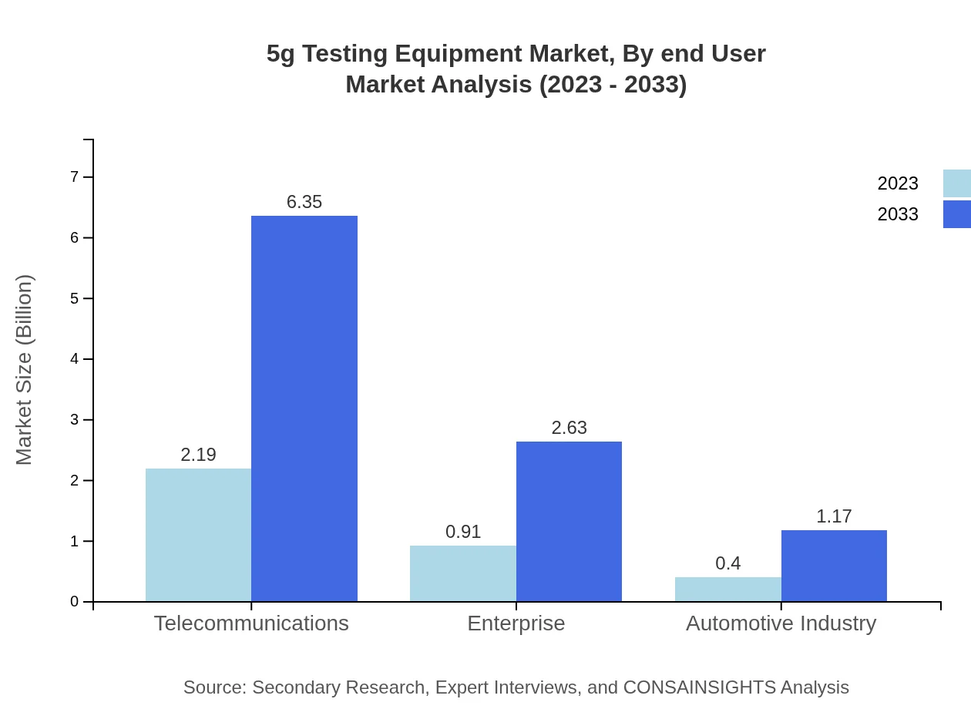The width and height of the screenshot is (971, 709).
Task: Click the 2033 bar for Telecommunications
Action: point(304,408)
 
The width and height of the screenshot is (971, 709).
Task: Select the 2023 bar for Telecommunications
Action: point(198,535)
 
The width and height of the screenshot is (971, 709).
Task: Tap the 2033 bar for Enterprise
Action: point(569,521)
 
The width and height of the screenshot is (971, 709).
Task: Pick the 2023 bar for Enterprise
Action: point(462,573)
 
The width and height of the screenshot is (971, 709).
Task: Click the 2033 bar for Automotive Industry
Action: point(834,566)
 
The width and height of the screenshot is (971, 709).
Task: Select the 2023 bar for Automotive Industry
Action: point(727,590)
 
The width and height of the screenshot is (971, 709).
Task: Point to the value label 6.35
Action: point(304,202)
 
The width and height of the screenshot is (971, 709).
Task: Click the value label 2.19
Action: point(198,455)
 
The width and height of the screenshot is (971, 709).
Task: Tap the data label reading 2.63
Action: point(569,428)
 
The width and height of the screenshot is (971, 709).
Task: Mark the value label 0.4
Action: point(727,563)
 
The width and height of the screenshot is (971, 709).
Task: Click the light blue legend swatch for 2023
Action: point(956,183)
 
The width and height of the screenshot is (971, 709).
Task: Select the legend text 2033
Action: point(897,214)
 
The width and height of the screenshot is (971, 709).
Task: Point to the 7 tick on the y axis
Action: point(75,177)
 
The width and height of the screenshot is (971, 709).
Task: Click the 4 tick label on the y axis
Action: point(75,359)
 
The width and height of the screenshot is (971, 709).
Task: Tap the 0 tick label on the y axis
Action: point(75,602)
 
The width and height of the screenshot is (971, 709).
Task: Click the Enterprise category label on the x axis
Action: point(516,623)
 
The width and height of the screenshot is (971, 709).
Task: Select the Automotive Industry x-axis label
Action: point(781,623)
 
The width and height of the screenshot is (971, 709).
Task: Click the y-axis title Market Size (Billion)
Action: point(25,370)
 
